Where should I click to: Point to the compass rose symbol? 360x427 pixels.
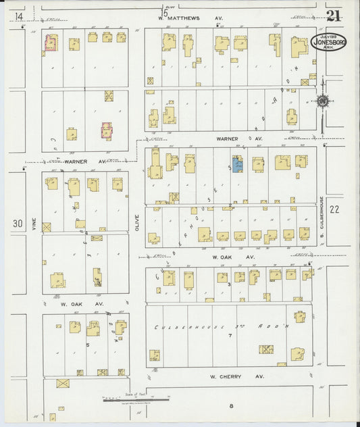(x=322, y=101)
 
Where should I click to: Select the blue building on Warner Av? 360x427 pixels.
(x=238, y=164)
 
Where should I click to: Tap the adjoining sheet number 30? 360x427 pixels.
(x=18, y=223)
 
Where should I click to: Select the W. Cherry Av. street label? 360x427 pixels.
(x=233, y=376)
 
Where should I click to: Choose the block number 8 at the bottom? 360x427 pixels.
(x=230, y=406)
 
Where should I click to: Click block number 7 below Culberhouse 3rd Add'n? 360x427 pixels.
(x=230, y=336)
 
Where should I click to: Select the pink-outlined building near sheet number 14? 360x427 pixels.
(x=50, y=43)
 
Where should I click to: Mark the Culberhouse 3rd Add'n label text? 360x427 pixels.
(x=224, y=327)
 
